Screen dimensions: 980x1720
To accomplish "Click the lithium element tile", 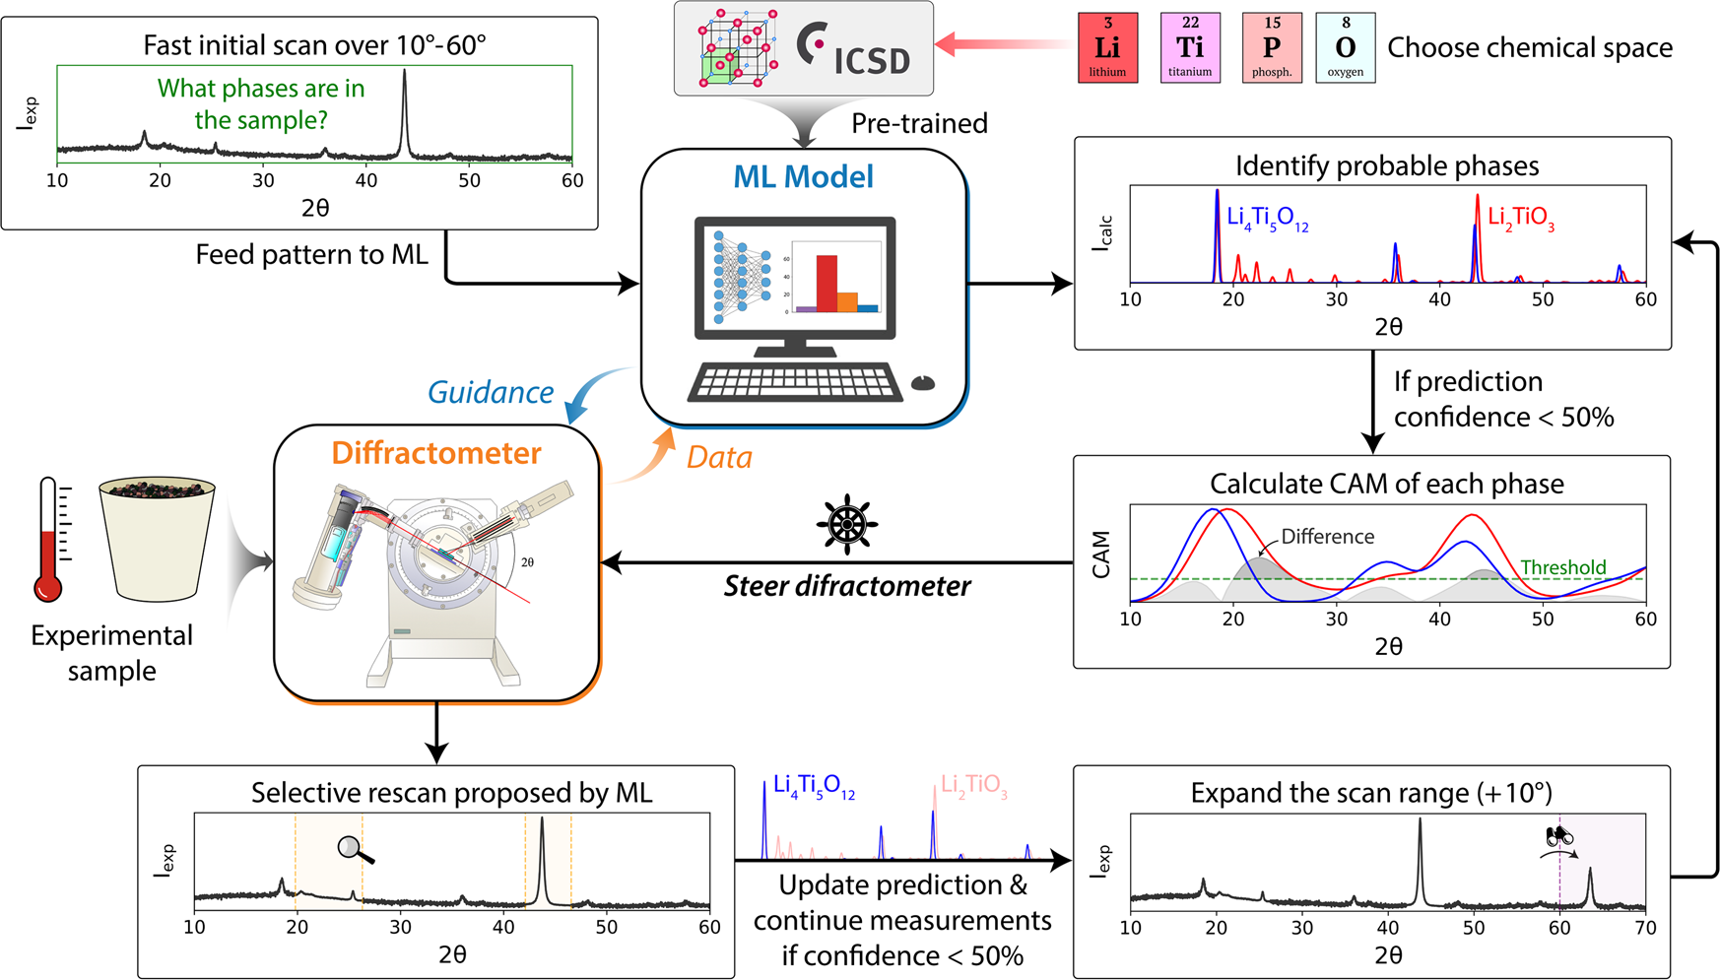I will pyautogui.click(x=1107, y=47).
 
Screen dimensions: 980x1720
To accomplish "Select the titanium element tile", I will pyautogui.click(x=1190, y=47).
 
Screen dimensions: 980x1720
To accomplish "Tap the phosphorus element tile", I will pyautogui.click(x=1272, y=47).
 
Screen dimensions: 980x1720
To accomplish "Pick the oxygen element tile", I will pyautogui.click(x=1345, y=47).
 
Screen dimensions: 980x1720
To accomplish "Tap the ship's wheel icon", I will pyautogui.click(x=847, y=525).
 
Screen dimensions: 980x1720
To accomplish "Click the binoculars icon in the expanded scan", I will pyautogui.click(x=1557, y=837).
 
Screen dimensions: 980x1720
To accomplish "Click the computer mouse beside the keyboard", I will pyautogui.click(x=922, y=383).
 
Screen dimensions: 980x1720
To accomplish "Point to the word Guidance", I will pyautogui.click(x=491, y=392).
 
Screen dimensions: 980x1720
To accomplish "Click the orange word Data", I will pyautogui.click(x=719, y=457).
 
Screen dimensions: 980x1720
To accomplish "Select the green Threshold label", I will pyautogui.click(x=1562, y=567).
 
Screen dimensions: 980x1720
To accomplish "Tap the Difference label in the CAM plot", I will pyautogui.click(x=1327, y=537).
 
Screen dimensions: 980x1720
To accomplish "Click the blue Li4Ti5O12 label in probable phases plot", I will pyautogui.click(x=1267, y=218).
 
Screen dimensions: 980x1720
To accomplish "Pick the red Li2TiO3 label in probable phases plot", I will pyautogui.click(x=1520, y=218).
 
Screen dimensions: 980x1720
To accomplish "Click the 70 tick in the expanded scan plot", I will pyautogui.click(x=1645, y=928).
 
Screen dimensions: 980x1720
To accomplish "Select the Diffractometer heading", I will pyautogui.click(x=436, y=453).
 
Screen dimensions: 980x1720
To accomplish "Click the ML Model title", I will pyautogui.click(x=804, y=177).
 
